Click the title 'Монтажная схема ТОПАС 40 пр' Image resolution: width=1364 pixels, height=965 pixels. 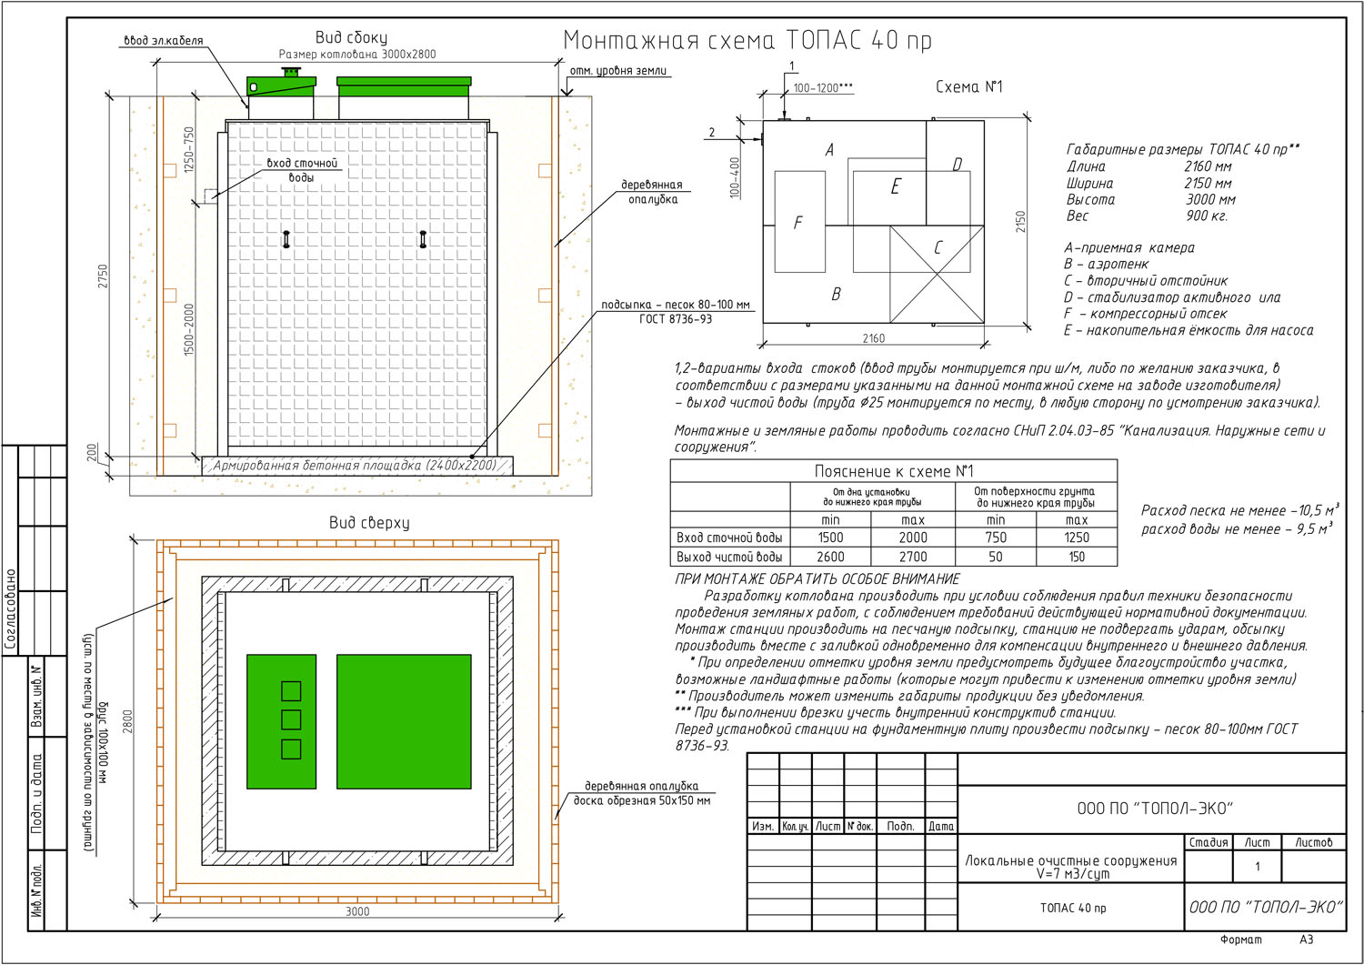point(747,40)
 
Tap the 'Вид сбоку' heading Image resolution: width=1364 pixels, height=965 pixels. point(351,38)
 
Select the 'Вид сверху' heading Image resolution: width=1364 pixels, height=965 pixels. point(369,523)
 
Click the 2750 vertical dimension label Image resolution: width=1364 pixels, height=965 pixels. point(103,276)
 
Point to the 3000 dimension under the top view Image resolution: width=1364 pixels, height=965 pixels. point(357,911)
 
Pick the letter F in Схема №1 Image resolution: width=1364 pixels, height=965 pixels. point(798,223)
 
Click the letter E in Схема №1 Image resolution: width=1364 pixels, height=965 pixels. point(895,186)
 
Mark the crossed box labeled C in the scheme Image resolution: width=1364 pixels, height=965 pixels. point(937,274)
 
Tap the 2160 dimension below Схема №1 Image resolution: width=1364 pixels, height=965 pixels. point(873,338)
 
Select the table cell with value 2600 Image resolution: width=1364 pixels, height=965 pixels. point(830,557)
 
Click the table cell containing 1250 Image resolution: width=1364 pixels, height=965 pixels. point(1077,538)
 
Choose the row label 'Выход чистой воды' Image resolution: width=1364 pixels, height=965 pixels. point(729,557)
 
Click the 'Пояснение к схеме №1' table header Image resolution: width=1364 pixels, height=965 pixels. point(894,471)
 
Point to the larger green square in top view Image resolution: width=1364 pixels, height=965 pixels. point(404,722)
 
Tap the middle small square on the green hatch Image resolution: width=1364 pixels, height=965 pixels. point(291,719)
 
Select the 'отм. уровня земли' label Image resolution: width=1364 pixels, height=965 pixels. point(618,71)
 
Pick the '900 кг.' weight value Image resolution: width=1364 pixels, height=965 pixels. point(1207,216)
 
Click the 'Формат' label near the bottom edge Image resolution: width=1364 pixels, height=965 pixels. point(1241,940)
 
